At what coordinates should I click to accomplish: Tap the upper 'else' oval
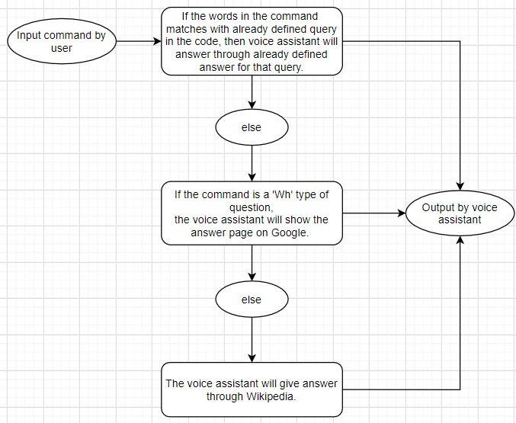(x=251, y=127)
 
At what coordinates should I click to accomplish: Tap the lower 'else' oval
(x=251, y=300)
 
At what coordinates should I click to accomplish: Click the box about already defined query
(x=251, y=42)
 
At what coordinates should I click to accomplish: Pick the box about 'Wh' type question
(x=251, y=213)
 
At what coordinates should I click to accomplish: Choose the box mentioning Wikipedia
(x=251, y=389)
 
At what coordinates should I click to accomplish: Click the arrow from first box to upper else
(x=251, y=92)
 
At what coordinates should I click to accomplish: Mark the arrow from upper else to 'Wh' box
(x=251, y=163)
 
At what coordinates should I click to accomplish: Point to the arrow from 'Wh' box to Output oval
(x=373, y=213)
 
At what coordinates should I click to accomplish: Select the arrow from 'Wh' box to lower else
(x=251, y=264)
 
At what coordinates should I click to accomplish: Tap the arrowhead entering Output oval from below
(x=460, y=240)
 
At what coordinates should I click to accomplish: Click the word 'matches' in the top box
(x=194, y=28)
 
